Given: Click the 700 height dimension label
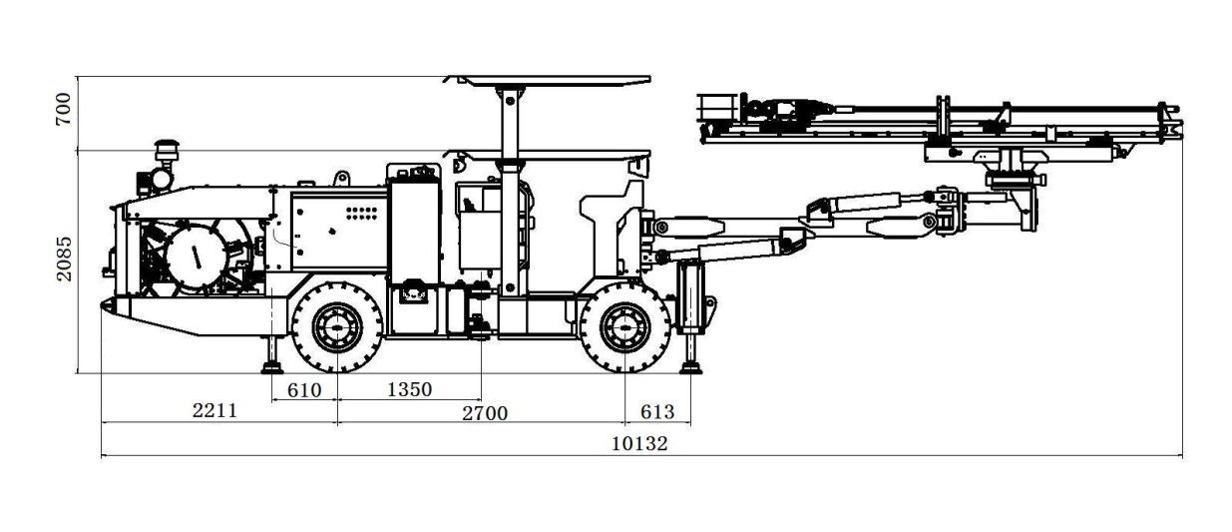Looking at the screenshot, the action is pos(64,109).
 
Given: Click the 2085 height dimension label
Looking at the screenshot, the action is pos(64,259).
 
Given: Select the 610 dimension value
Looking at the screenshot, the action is pos(304,390).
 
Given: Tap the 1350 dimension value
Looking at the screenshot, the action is pos(410,389).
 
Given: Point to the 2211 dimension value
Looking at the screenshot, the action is pos(214,410).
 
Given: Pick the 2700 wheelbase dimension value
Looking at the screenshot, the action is pos(485,413).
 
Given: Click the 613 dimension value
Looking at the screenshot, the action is pos(657,411).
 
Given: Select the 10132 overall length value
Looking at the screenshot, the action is pos(639,443).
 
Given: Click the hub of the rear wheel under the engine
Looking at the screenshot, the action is pos(337,327).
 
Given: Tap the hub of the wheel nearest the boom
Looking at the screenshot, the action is pos(625,327).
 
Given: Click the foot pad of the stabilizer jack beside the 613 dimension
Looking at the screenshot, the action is pos(690,367).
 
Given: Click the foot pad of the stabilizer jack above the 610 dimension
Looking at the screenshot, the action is pos(271,367).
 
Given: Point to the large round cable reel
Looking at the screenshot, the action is pos(196,257).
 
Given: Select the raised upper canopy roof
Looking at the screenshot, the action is pos(548,81).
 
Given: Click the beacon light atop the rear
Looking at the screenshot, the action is pos(167,150).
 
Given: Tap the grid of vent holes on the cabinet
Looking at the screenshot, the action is pos(361,213).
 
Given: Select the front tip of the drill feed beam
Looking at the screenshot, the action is pos(1182,131).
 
